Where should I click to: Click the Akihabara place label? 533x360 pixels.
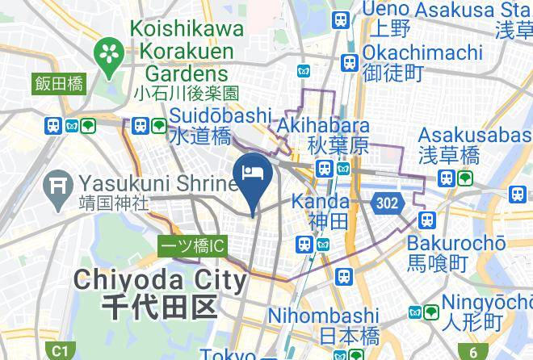[x=323, y=127]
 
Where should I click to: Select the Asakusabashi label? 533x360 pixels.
[x=473, y=135]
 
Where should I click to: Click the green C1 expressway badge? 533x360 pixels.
[x=59, y=351]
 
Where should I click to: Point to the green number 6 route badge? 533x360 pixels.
[x=473, y=351]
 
